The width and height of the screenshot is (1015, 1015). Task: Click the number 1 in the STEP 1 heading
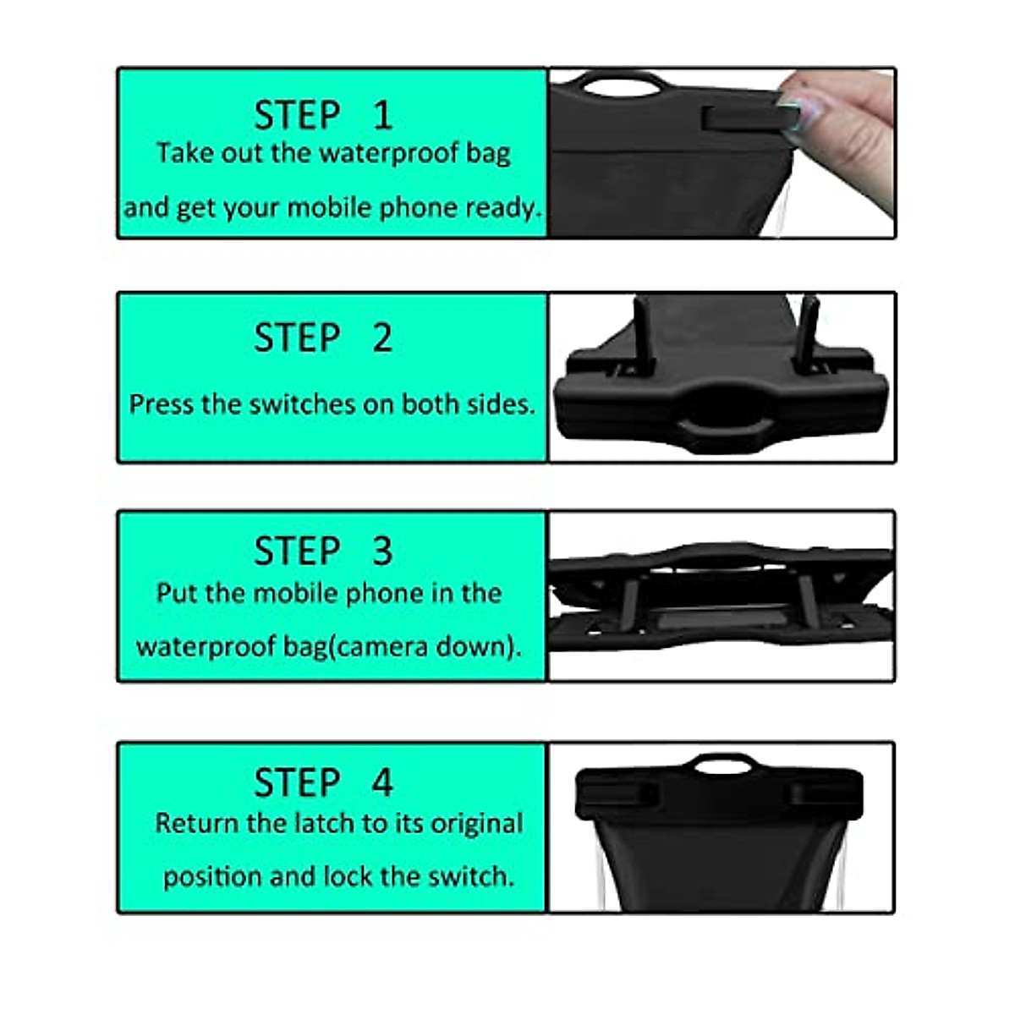coord(383,116)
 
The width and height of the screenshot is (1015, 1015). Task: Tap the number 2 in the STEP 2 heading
coord(382,338)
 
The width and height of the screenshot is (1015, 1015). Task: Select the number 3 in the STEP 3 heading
coord(382,551)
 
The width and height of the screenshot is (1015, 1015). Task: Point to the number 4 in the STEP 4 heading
coord(382,782)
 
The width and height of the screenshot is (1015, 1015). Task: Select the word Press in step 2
coord(162,404)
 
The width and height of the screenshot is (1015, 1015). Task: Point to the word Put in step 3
coord(176,593)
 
